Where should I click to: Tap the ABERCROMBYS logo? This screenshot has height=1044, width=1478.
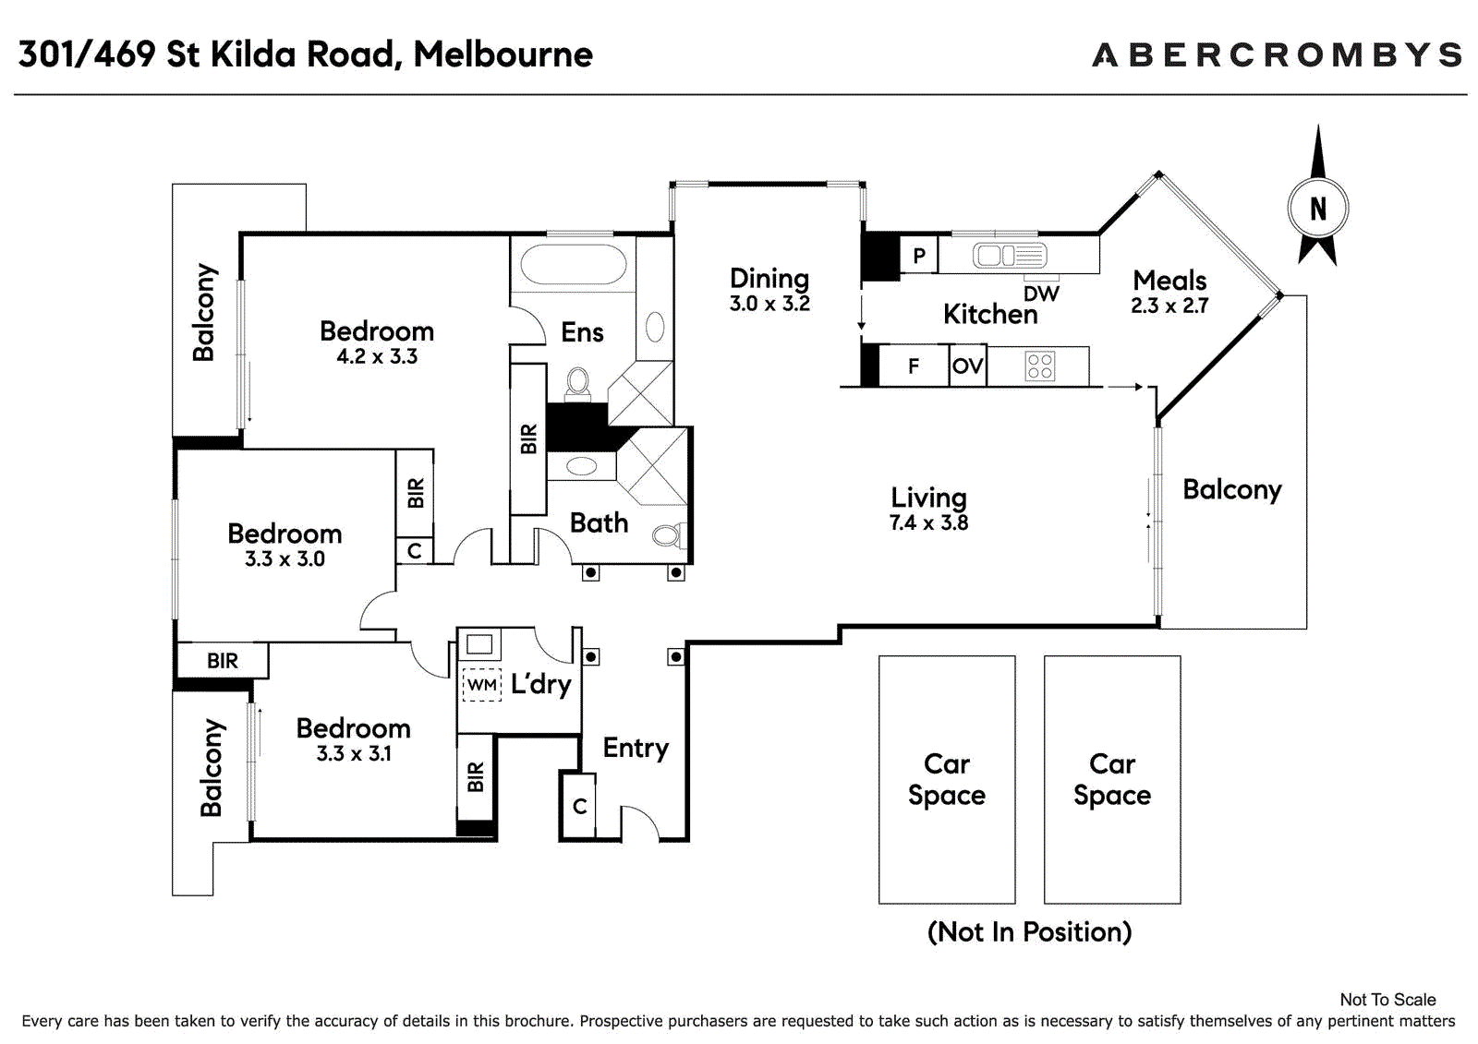point(1278,54)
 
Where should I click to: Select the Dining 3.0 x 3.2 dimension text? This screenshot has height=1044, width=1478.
point(769,304)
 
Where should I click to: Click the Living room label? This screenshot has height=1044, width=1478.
point(928,498)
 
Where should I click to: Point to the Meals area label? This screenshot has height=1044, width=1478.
point(1169,281)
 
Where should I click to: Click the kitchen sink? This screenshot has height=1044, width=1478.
point(1010,255)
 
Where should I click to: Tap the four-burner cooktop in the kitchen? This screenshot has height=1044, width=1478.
point(1040,366)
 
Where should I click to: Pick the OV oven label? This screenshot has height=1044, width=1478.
point(968,366)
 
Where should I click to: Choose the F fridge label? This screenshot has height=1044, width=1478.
point(914,366)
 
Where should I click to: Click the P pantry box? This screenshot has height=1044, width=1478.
point(918,255)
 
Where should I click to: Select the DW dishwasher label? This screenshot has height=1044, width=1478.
point(1041,294)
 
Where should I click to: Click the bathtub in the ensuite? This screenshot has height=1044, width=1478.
point(573,265)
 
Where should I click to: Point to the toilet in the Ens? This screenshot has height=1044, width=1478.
point(578,383)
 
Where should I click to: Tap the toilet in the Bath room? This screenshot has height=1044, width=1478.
point(670,534)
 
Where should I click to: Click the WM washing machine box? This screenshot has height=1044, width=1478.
point(481,685)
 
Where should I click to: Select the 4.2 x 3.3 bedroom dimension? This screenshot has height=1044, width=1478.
point(377,357)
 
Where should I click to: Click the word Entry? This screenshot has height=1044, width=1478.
point(636,749)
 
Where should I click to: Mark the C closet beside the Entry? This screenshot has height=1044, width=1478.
point(578,806)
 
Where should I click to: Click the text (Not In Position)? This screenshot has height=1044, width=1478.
point(1029,932)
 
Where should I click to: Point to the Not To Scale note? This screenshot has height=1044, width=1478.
point(1388,1000)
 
